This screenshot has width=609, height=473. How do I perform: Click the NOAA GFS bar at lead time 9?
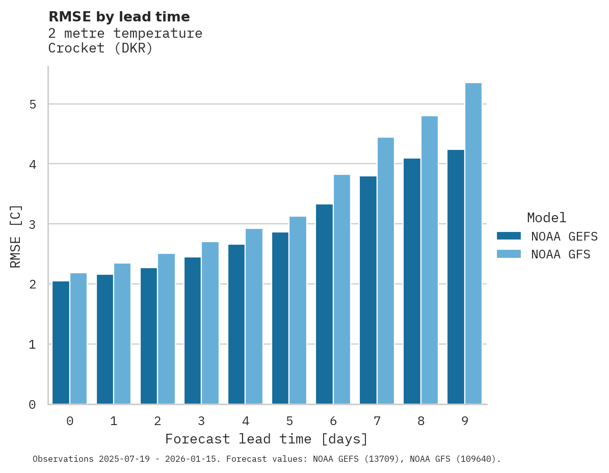pyautogui.click(x=473, y=244)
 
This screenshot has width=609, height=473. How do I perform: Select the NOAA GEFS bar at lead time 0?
pyautogui.click(x=61, y=343)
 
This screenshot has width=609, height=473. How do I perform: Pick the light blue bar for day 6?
pyautogui.click(x=342, y=290)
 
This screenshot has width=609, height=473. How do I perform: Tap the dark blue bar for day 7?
pyautogui.click(x=368, y=290)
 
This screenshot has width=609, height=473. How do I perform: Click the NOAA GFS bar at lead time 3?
pyautogui.click(x=210, y=323)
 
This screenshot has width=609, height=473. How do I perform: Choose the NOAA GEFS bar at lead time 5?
pyautogui.click(x=280, y=318)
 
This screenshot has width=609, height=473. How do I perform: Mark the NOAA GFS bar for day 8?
pyautogui.click(x=430, y=260)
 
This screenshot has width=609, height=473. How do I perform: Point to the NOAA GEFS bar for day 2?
pyautogui.click(x=149, y=336)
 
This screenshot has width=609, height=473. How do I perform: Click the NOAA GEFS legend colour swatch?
pyautogui.click(x=509, y=236)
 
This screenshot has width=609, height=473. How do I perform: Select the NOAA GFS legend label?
pyautogui.click(x=561, y=254)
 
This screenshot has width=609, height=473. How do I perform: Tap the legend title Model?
pyautogui.click(x=546, y=218)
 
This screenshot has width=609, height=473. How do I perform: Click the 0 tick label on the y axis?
pyautogui.click(x=32, y=405)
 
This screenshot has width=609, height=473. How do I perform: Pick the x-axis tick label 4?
pyautogui.click(x=246, y=422)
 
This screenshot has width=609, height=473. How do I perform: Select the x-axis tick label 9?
pyautogui.click(x=465, y=422)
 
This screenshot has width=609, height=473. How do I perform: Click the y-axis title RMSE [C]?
pyautogui.click(x=16, y=236)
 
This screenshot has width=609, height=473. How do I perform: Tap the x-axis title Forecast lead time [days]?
pyautogui.click(x=266, y=439)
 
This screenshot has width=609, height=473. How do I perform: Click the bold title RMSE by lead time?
pyautogui.click(x=119, y=17)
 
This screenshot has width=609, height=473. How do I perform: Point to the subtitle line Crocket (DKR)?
pyautogui.click(x=100, y=48)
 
